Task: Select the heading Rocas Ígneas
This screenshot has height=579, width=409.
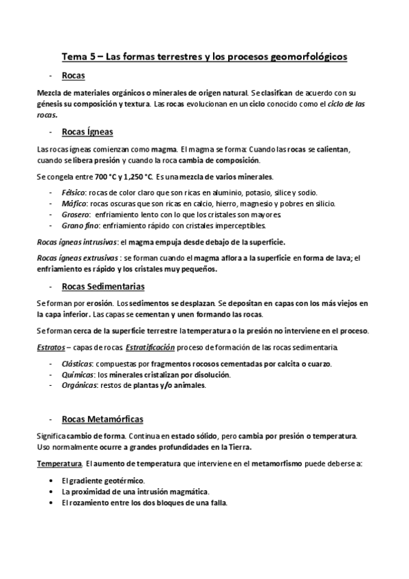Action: tap(87, 131)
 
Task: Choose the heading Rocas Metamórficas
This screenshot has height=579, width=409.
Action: tap(102, 418)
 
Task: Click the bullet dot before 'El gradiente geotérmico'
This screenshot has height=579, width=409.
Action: tap(53, 481)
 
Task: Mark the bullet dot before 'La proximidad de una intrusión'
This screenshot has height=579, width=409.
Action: tap(53, 492)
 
